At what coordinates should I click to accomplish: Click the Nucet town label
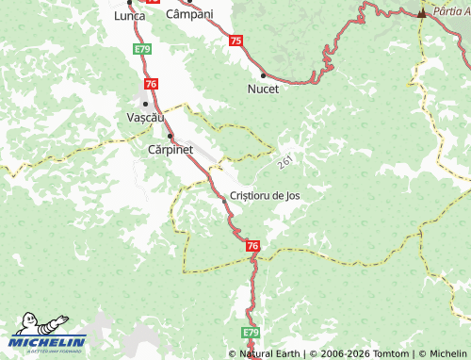(263, 90)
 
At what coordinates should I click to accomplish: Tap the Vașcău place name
(145, 118)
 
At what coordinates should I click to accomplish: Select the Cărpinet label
(171, 150)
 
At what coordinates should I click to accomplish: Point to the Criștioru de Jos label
(266, 195)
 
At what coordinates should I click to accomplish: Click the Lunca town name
(129, 17)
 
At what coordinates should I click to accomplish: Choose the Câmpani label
(189, 15)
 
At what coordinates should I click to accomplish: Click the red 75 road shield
(235, 41)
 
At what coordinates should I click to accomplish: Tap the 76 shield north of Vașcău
(152, 85)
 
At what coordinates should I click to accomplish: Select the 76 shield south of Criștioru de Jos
(252, 246)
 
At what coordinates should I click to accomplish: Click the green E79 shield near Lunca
(142, 48)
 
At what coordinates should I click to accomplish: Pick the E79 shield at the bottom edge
(250, 333)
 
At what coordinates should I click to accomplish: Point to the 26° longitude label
(286, 163)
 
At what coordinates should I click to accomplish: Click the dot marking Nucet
(263, 74)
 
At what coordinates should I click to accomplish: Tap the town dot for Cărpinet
(170, 136)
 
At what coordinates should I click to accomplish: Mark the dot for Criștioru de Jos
(223, 199)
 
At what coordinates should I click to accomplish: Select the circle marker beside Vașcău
(144, 103)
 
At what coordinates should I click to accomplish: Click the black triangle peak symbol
(421, 13)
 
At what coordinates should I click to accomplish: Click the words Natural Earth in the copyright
(268, 353)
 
